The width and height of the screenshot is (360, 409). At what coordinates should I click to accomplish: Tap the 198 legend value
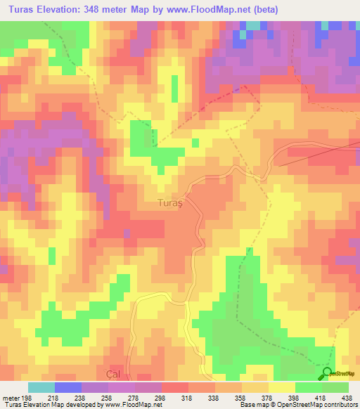25,397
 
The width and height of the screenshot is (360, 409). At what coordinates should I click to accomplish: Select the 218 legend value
51,397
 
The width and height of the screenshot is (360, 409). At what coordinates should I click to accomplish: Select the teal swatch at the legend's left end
41,387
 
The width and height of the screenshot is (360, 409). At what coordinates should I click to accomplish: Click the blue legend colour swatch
67,387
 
